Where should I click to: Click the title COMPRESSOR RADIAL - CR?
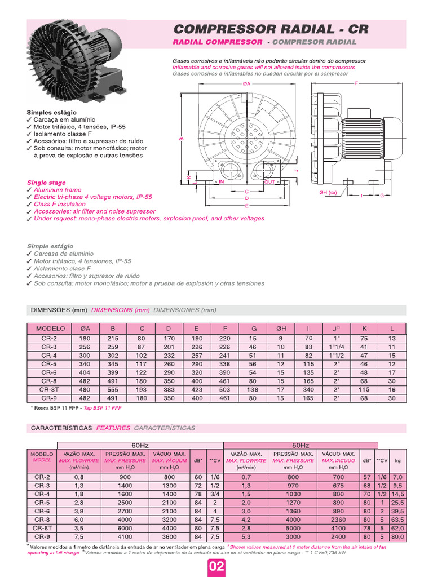tap(270, 29)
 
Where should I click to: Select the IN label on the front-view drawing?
tap(222, 182)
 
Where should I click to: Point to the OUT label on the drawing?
tap(270, 182)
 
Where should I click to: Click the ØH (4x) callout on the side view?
tap(328, 193)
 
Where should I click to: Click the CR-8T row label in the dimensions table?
tap(49, 389)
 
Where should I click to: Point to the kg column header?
tap(397, 460)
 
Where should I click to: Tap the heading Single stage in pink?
tap(46, 183)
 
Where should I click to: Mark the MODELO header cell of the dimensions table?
tap(51, 329)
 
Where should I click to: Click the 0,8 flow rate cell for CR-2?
tap(78, 477)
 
